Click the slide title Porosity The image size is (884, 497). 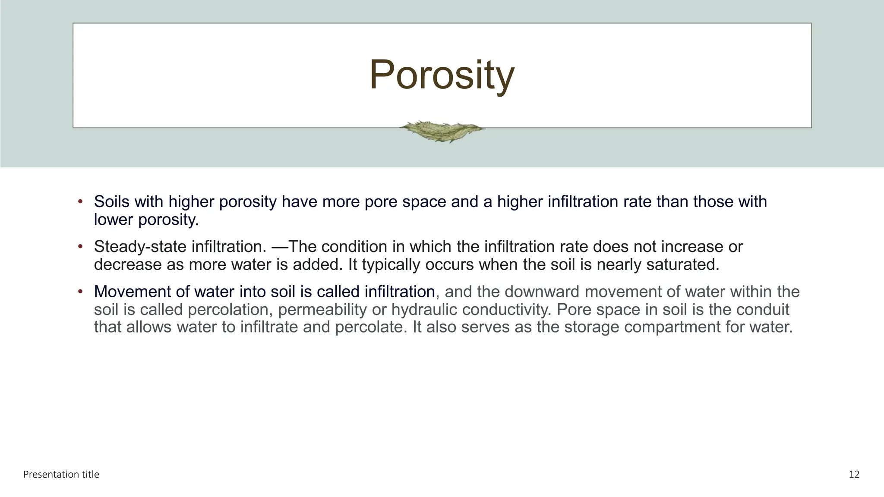tap(442, 75)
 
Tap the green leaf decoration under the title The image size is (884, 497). tap(442, 131)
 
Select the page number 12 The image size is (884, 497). tap(854, 475)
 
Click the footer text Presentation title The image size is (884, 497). tap(61, 475)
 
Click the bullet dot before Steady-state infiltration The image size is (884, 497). tap(80, 247)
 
